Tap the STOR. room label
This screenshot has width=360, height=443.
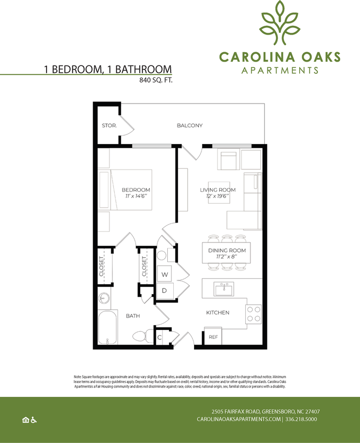[x=109, y=126]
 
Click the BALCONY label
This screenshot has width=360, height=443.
[x=189, y=126]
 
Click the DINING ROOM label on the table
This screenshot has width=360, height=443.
[x=224, y=251]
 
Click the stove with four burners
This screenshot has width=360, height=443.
[x=254, y=314]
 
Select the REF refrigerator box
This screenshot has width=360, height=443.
[x=213, y=337]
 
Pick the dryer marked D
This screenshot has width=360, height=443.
[x=165, y=291]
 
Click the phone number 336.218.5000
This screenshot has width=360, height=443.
[x=302, y=419]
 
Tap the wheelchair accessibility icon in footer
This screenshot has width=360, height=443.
[x=34, y=419]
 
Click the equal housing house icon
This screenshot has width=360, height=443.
[x=26, y=419]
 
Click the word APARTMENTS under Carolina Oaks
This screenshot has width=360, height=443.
[x=280, y=71]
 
